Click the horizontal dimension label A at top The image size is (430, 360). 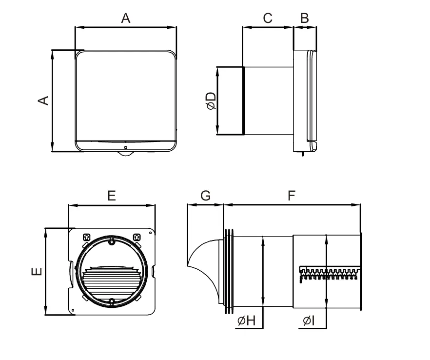point(126,18)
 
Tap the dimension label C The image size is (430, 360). point(268,18)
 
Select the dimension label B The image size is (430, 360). point(305,18)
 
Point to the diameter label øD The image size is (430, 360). point(211,101)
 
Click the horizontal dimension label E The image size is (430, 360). point(112,196)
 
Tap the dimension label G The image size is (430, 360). point(205,196)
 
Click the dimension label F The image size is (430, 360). point(292,196)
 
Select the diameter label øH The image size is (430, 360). point(247,320)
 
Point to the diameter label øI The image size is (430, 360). point(309,320)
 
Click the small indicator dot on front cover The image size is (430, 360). point(125,147)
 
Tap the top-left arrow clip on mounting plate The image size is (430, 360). point(86,237)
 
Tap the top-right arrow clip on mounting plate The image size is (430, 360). point(137,237)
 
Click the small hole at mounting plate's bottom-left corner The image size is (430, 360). point(73,309)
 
